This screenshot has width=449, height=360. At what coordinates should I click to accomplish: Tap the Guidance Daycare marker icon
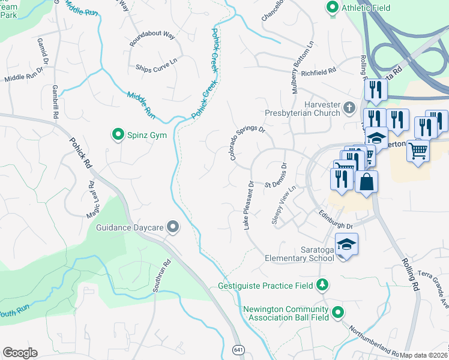click(173, 227)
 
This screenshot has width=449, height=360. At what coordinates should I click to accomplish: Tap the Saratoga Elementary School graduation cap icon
click(346, 244)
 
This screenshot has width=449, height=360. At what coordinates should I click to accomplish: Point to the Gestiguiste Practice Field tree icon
click(323, 284)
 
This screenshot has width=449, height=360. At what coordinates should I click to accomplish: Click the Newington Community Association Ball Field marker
click(338, 313)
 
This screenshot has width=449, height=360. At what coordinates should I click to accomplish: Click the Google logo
click(20, 353)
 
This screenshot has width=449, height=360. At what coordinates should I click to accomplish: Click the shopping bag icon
click(366, 181)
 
